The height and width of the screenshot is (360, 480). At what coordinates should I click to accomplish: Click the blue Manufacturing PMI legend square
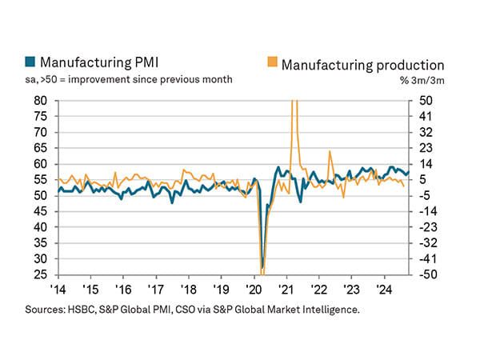pos(30,62)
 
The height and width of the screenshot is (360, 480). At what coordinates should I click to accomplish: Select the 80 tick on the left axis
pos(40,102)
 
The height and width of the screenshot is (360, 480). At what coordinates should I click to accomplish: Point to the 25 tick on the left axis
pos(40,274)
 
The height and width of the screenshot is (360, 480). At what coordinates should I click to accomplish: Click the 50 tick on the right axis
pos(421,102)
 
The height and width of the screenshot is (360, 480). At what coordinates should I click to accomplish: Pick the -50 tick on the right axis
pos(421,274)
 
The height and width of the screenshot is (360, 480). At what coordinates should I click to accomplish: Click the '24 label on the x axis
pos(383,290)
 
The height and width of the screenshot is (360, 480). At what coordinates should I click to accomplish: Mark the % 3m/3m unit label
pos(422,80)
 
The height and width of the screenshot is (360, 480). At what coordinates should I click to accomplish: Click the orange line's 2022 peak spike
pos(330,151)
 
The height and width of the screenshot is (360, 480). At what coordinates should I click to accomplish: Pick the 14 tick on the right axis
pos(421,164)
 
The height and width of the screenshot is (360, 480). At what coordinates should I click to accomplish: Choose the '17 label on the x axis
pos(154,290)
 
